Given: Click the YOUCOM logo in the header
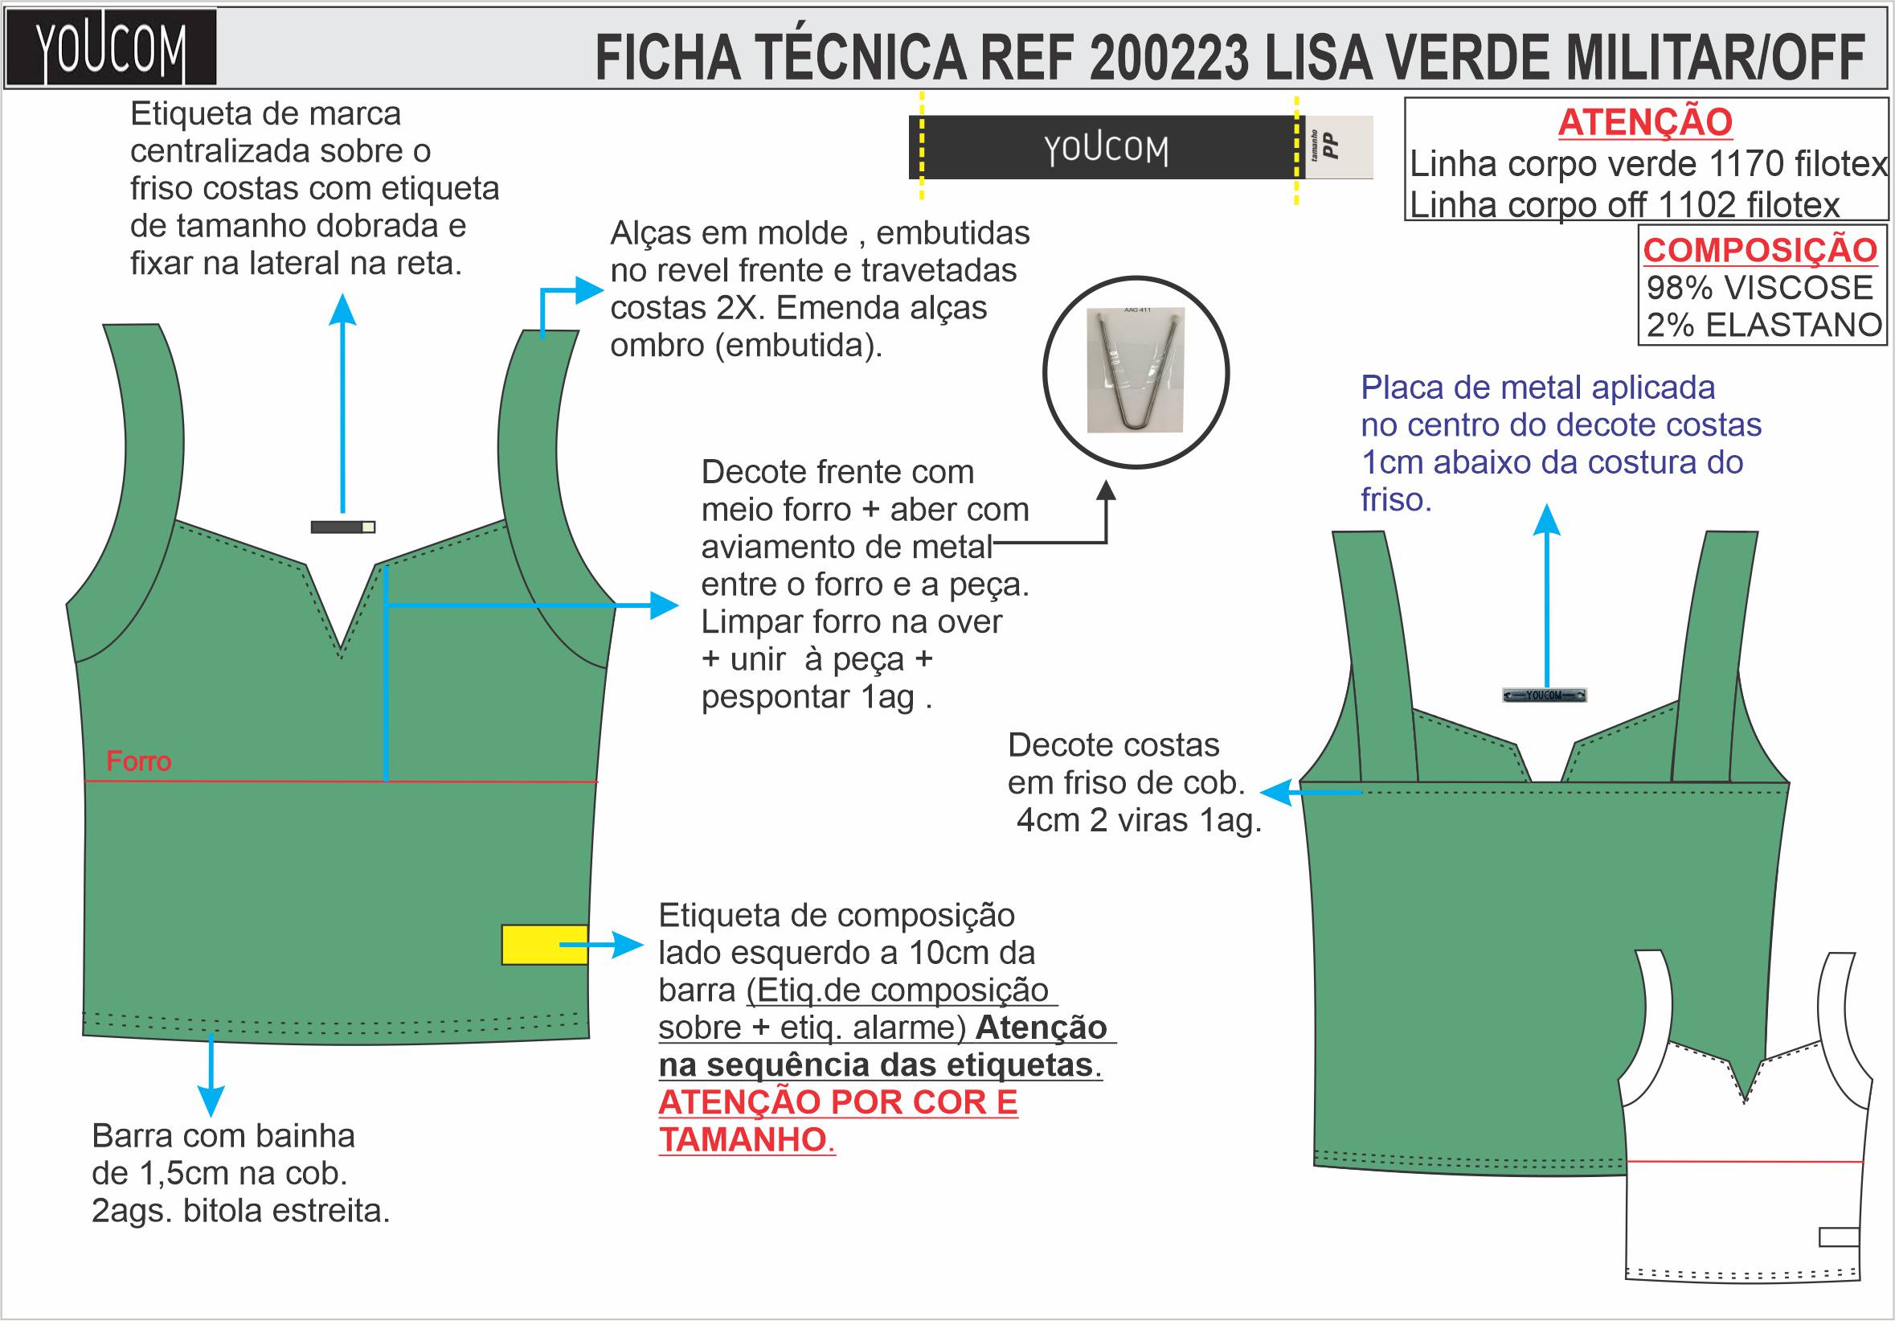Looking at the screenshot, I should (x=111, y=48).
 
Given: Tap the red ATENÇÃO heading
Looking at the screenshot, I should (x=1644, y=122).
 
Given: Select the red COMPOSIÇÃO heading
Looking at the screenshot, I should (x=1760, y=249).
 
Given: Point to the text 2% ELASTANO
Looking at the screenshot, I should (x=1764, y=326).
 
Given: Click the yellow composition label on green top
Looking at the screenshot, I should (x=544, y=945).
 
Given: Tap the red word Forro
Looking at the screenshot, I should (x=139, y=761).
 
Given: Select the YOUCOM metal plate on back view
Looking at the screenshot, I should (x=1545, y=695).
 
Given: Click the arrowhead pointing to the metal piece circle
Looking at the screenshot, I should (x=1106, y=491).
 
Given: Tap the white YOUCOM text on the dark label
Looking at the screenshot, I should (x=1106, y=149).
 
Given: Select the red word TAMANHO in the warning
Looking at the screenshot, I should (x=743, y=1139).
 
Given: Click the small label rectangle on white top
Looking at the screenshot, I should (x=1839, y=1237).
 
